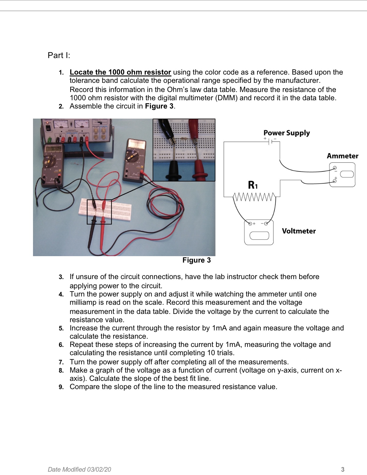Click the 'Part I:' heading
click(x=59, y=55)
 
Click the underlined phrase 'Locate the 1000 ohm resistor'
click(x=120, y=72)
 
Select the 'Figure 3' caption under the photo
click(x=196, y=260)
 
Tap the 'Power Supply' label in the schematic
click(x=286, y=133)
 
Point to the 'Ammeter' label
click(x=342, y=156)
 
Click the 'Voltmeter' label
click(x=299, y=231)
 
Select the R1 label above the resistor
click(x=253, y=185)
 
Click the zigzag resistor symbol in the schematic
click(x=254, y=197)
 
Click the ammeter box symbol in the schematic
click(x=342, y=175)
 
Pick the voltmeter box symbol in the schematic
click(x=259, y=232)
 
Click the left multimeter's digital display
click(x=53, y=149)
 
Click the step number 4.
click(x=61, y=294)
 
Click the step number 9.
click(x=61, y=387)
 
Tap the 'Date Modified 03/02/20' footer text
click(x=79, y=469)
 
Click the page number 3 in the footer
click(x=343, y=469)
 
